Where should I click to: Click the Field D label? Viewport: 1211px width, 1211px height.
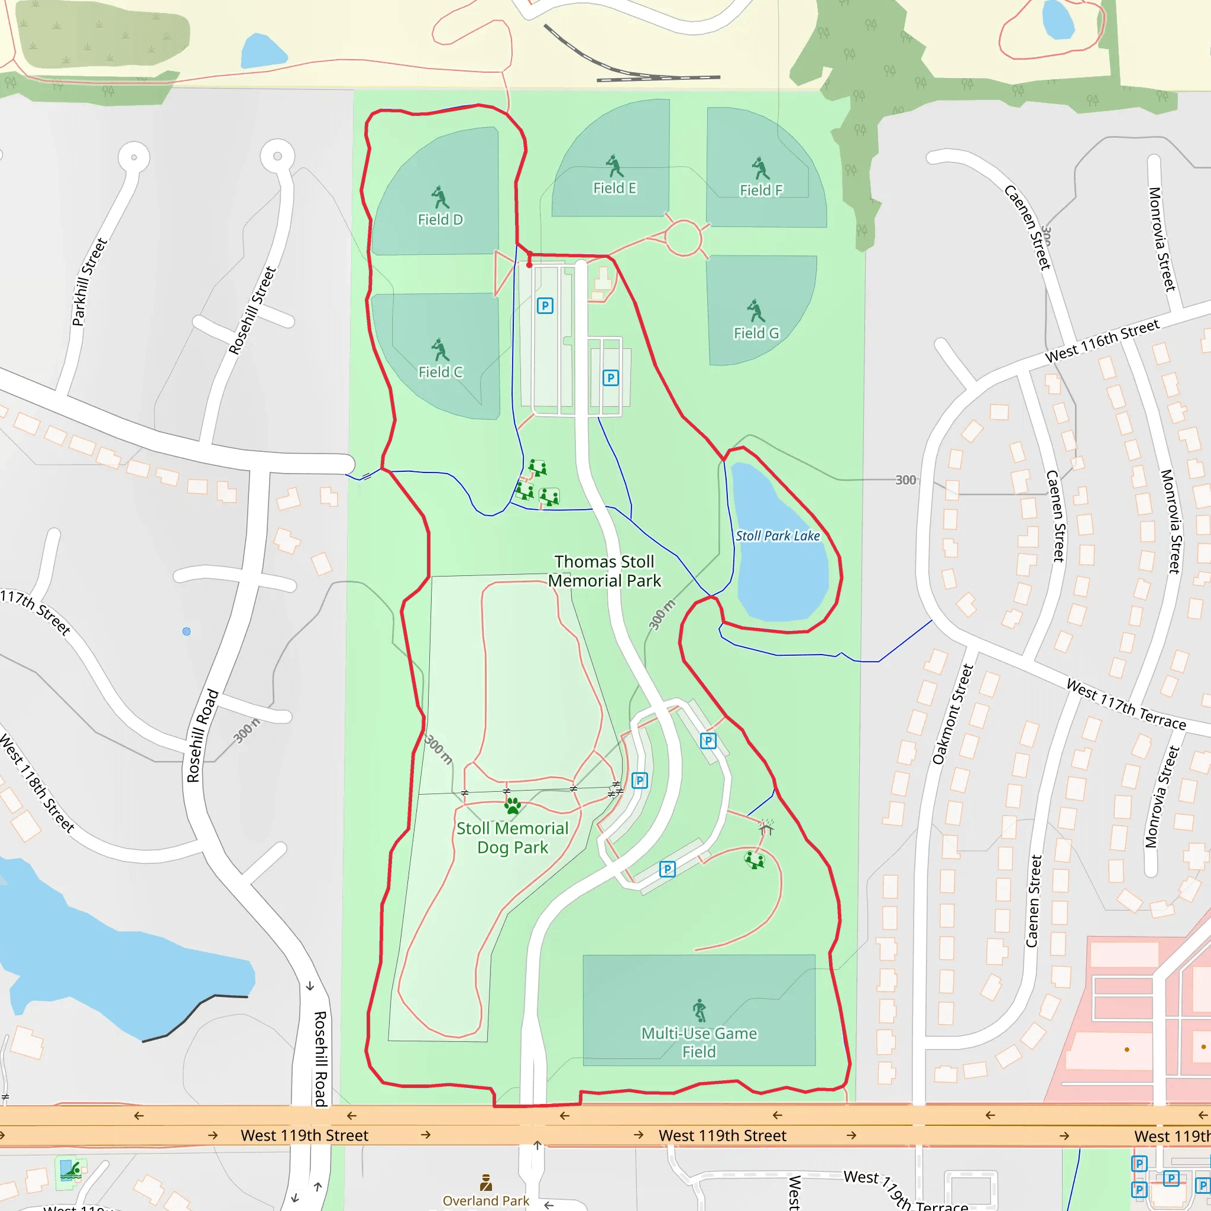tap(440, 219)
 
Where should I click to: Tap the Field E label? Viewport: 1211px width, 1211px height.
tap(615, 188)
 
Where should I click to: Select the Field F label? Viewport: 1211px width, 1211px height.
tap(761, 190)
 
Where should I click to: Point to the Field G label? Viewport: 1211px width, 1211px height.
tap(756, 333)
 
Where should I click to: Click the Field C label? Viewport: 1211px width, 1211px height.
tap(440, 372)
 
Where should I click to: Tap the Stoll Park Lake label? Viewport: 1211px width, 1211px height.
tap(777, 536)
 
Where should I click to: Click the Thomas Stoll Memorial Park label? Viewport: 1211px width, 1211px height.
tap(604, 571)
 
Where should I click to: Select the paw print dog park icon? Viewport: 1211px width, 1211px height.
tap(513, 805)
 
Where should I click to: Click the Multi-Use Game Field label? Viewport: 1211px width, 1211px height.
tap(699, 1042)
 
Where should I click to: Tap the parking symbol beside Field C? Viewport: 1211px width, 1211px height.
tap(545, 306)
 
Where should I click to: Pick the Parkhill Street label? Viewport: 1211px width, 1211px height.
tap(90, 282)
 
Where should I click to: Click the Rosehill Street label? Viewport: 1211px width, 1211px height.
tap(252, 311)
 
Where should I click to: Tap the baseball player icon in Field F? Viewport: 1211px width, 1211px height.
tap(760, 168)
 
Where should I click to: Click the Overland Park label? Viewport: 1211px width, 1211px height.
tap(486, 1200)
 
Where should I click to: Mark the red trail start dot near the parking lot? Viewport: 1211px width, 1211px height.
tap(529, 265)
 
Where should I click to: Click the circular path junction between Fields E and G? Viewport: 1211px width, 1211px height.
tap(683, 238)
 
